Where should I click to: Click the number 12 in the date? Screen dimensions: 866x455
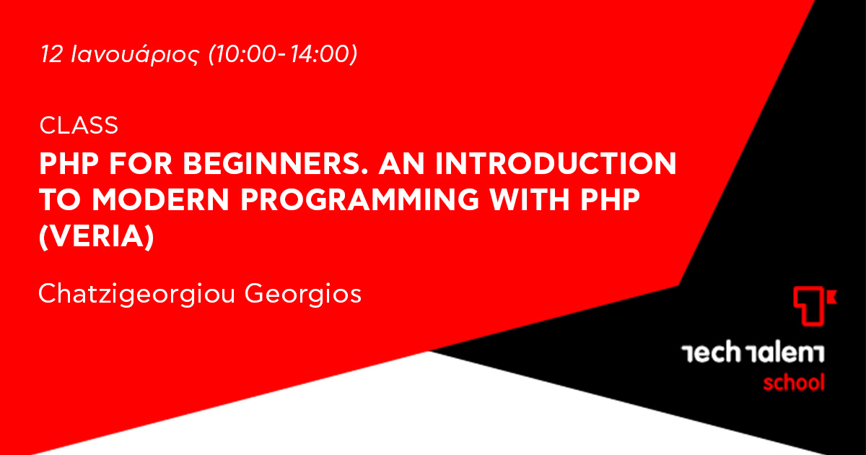(x=51, y=53)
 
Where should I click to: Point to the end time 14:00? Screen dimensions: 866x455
(x=320, y=53)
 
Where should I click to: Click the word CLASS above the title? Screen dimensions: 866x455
(x=79, y=126)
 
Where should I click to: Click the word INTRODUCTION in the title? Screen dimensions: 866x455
(x=556, y=164)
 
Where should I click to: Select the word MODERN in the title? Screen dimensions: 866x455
(x=161, y=199)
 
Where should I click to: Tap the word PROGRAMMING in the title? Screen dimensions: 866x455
(x=360, y=199)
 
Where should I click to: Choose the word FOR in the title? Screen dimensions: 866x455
(x=141, y=164)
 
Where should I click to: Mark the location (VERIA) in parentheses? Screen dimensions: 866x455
(x=97, y=236)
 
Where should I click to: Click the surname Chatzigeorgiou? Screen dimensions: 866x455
(x=137, y=295)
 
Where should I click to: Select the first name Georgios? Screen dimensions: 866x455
(x=303, y=295)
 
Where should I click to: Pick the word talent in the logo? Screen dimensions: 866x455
(x=786, y=352)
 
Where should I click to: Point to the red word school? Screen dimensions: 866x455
(x=794, y=382)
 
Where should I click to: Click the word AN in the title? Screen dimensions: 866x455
(x=402, y=164)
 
